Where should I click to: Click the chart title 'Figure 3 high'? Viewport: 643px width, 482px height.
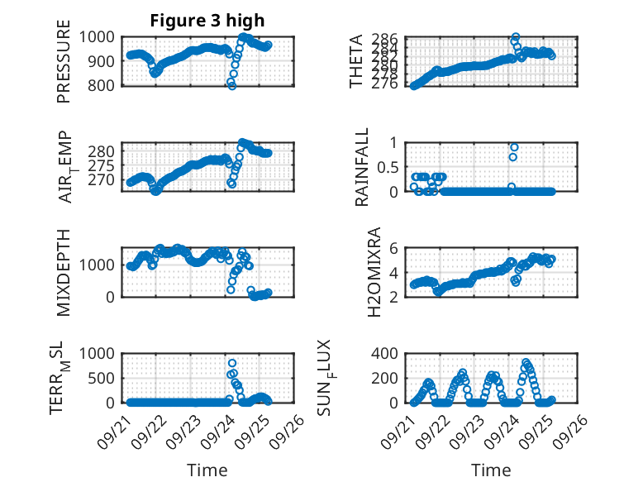tap(207, 21)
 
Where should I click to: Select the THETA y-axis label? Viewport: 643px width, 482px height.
tap(356, 60)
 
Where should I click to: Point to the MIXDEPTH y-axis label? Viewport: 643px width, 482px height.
tap(64, 272)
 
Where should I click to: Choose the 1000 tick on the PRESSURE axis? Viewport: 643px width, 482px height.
tap(99, 36)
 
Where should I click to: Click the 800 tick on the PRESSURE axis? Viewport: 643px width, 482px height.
tap(103, 85)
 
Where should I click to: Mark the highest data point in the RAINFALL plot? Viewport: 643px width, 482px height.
tap(514, 147)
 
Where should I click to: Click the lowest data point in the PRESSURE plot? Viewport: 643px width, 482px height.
tap(232, 85)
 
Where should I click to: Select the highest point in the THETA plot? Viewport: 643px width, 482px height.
tap(516, 37)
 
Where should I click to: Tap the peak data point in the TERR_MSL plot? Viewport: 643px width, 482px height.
tap(232, 363)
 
